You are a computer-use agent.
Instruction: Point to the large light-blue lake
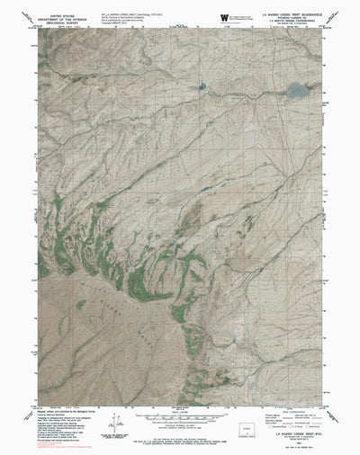[x=295, y=90]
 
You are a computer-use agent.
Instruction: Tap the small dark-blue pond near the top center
[x=200, y=87]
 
